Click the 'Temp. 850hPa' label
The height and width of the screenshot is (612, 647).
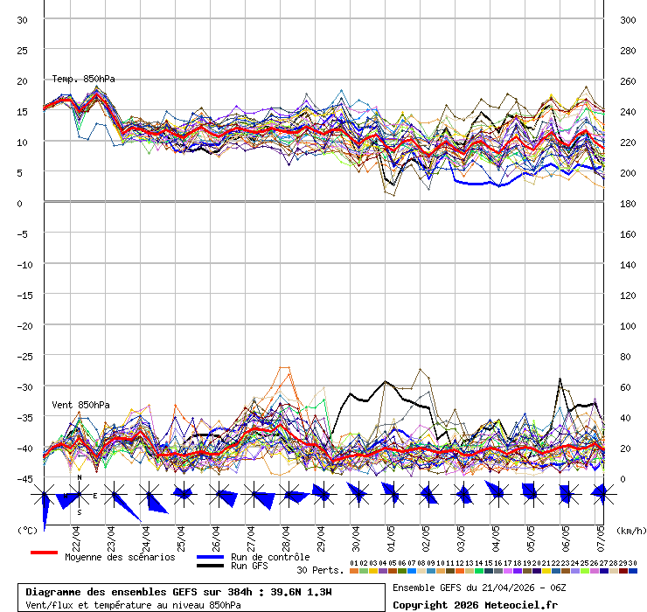83,80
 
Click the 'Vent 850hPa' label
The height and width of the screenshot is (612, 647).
80,405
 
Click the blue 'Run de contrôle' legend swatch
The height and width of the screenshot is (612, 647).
210,557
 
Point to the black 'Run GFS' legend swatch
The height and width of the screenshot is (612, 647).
210,566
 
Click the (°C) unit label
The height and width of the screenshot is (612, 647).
28,530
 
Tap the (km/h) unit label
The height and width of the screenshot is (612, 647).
630,530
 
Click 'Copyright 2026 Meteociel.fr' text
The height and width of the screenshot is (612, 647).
475,604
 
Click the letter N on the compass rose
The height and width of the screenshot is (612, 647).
79,477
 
